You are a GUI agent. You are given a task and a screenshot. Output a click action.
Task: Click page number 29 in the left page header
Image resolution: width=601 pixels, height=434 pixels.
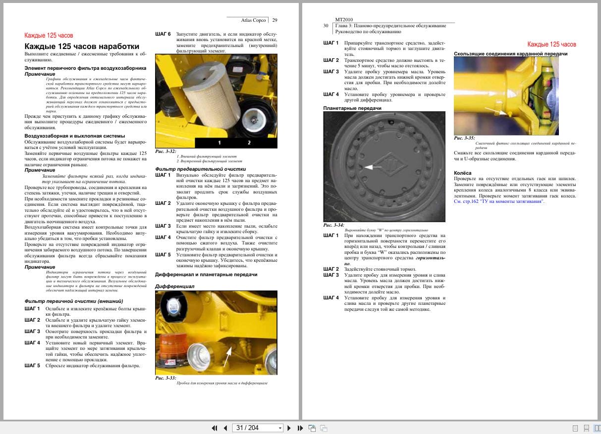point(274,20)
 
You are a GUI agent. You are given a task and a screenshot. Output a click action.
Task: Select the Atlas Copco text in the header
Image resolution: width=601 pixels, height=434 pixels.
point(254,20)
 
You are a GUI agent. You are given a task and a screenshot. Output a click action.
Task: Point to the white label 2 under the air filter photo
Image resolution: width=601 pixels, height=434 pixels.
point(249,143)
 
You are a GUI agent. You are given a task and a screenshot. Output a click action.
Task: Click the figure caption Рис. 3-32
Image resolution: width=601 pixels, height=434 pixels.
point(165,151)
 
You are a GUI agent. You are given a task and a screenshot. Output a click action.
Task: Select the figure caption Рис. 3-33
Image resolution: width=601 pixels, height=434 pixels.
point(165,378)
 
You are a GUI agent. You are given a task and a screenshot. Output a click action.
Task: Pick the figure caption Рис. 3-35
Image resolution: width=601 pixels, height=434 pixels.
point(464,138)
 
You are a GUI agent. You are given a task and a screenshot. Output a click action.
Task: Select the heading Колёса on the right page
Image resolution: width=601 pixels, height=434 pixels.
point(462,173)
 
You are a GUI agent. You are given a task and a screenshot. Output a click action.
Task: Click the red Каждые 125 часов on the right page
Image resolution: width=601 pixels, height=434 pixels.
point(551,45)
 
